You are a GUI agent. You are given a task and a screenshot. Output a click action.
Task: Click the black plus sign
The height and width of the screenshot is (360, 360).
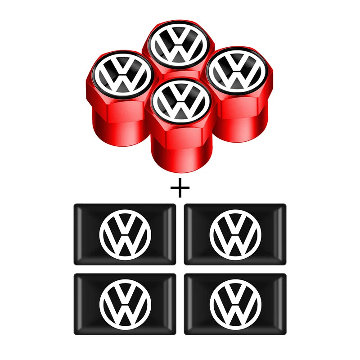pos(180,188)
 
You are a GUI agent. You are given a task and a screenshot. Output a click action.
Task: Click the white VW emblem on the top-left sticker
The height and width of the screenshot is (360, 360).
pos(125,234)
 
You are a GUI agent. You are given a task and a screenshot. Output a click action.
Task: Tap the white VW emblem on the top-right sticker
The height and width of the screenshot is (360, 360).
pos(235,234)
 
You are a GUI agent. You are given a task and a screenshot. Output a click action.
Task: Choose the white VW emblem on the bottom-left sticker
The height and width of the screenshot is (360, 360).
pos(125,304)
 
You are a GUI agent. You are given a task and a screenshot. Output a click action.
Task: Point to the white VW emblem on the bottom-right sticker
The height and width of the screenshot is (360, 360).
pos(235,304)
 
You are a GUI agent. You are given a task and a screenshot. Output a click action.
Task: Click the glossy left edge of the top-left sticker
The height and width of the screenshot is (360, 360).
pos(78,234)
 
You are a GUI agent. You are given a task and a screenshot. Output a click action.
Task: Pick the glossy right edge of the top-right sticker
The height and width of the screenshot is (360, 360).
pos(282,234)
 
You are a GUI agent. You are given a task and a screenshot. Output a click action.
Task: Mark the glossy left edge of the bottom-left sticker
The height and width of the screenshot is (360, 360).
pos(78,304)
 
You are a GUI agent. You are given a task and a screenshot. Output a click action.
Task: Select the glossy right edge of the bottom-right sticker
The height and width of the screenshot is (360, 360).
pos(282,304)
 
